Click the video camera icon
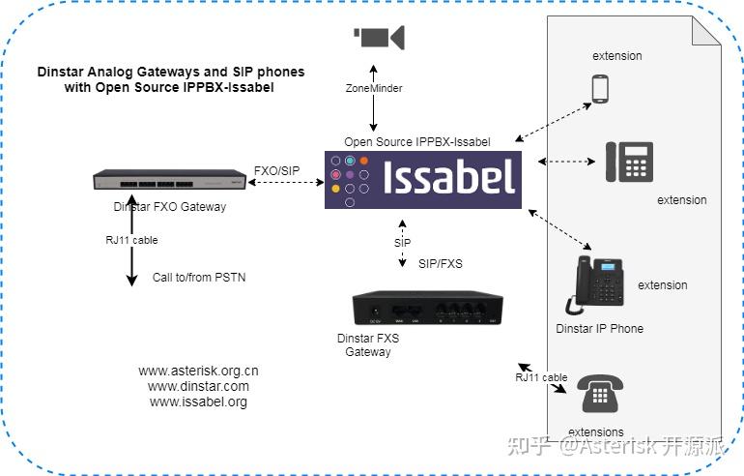click(x=379, y=38)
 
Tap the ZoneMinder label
click(x=373, y=88)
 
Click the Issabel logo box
click(x=423, y=179)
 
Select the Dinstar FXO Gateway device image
click(x=169, y=180)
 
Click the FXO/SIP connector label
click(x=276, y=170)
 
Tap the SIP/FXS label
click(x=441, y=263)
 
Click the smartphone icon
click(x=599, y=89)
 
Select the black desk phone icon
click(x=629, y=162)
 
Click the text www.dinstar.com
click(x=198, y=386)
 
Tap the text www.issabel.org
click(x=198, y=402)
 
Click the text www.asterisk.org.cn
click(x=198, y=371)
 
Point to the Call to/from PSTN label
click(x=199, y=278)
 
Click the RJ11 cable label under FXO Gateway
click(x=131, y=240)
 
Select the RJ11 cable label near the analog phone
click(x=541, y=377)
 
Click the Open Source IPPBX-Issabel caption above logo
click(x=417, y=142)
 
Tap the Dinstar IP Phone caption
click(x=599, y=328)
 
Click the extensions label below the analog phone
click(x=595, y=431)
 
